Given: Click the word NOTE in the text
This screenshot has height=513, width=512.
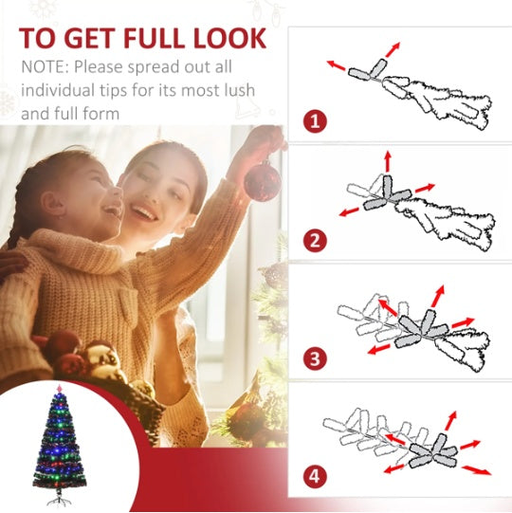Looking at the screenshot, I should (x=44, y=68).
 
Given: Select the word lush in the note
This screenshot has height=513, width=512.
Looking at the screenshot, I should (x=213, y=92).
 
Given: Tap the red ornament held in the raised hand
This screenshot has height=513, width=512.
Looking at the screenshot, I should (x=262, y=180).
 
